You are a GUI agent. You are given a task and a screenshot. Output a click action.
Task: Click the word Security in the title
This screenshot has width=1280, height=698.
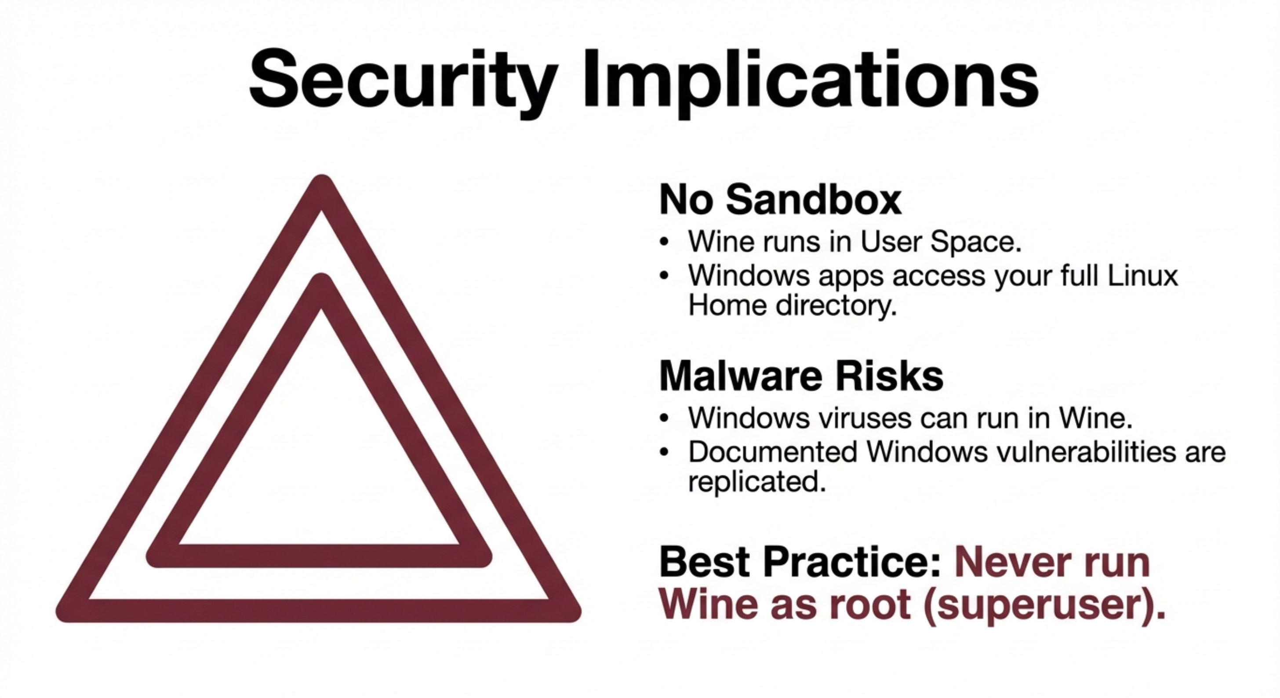click(403, 81)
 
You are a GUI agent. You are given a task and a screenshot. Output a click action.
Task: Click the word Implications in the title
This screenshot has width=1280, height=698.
click(811, 81)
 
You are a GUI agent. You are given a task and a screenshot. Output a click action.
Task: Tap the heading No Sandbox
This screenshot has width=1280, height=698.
click(780, 200)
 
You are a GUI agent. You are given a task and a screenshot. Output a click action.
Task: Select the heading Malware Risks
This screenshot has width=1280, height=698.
click(801, 376)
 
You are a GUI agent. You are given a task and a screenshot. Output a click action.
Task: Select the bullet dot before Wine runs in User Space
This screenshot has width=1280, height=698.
click(664, 243)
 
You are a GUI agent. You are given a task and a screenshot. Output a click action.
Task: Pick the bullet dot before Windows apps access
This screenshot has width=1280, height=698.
click(664, 276)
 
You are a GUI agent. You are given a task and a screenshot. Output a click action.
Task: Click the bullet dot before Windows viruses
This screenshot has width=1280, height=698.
click(664, 418)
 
